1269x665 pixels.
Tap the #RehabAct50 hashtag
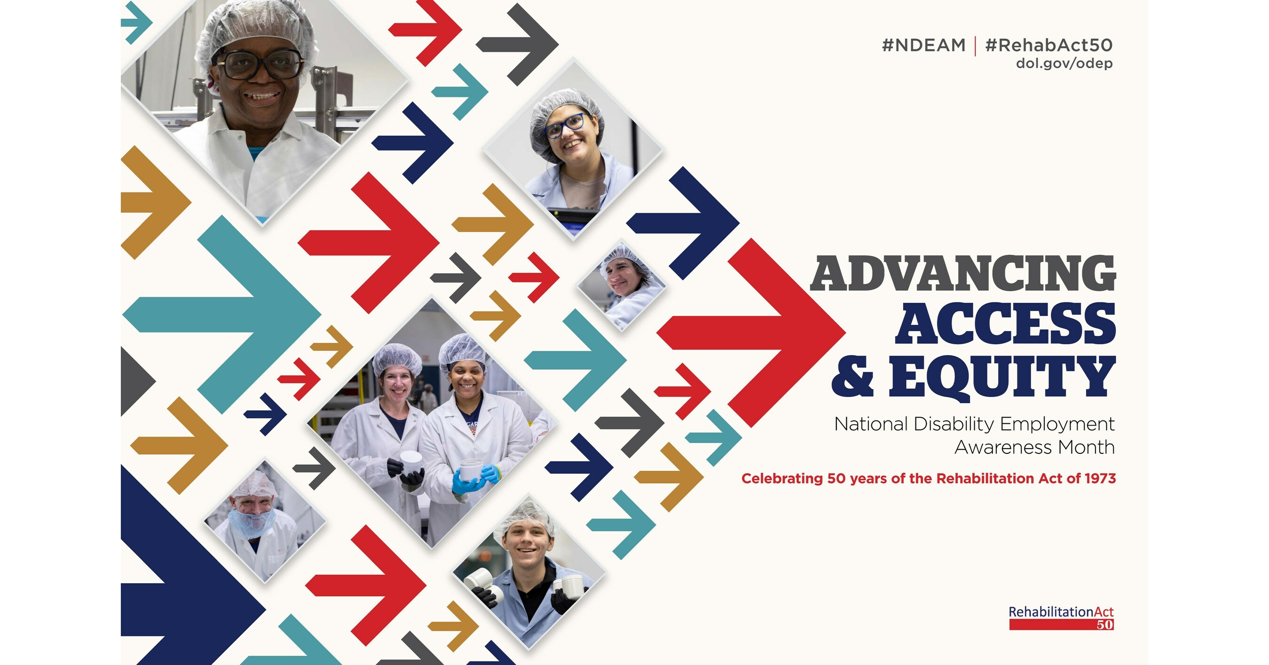click(x=1048, y=45)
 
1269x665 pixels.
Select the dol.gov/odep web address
click(x=1064, y=63)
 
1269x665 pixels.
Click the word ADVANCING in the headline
click(x=963, y=274)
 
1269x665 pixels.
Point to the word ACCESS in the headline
click(x=1005, y=324)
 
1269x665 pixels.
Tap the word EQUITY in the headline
click(x=1002, y=377)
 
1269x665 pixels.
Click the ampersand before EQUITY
click(x=852, y=377)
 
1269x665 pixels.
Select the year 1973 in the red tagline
click(x=1100, y=478)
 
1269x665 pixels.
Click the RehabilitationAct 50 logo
click(x=1061, y=617)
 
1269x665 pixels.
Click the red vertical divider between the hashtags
click(x=975, y=46)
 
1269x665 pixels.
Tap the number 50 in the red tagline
click(x=836, y=478)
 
